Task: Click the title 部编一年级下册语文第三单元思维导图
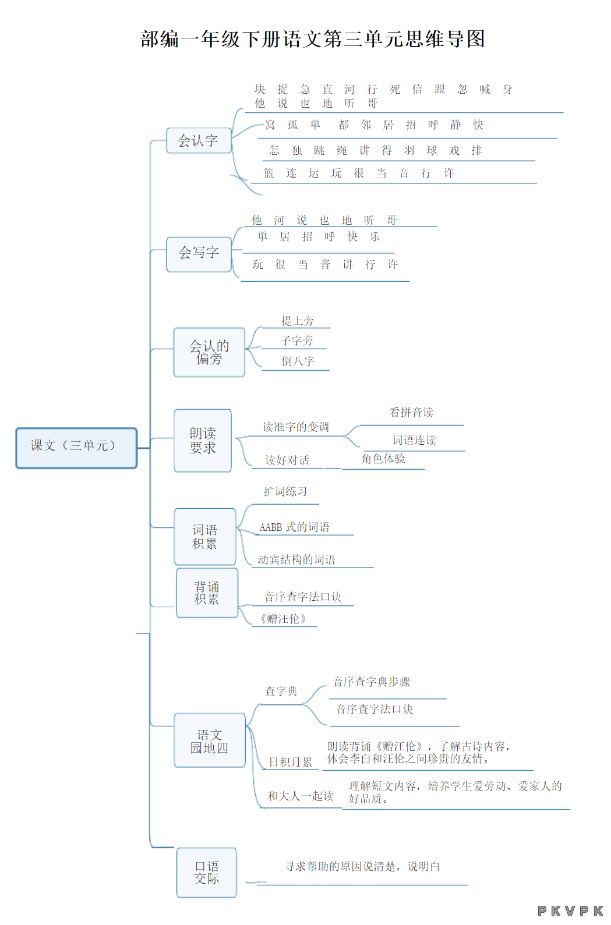click(312, 39)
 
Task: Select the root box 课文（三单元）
click(76, 448)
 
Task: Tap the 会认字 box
click(199, 140)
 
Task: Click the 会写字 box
click(199, 254)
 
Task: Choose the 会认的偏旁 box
click(209, 352)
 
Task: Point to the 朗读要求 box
click(203, 441)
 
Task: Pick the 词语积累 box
click(205, 537)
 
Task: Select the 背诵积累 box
click(207, 593)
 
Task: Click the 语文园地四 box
click(210, 740)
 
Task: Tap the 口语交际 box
click(207, 873)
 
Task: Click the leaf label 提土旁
click(298, 321)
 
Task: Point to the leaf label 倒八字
click(298, 361)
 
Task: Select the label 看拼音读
click(411, 412)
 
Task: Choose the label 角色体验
click(383, 459)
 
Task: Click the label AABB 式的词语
click(295, 527)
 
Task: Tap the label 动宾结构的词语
click(296, 559)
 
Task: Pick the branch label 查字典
click(281, 691)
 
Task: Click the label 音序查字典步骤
click(372, 682)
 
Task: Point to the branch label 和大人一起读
click(301, 796)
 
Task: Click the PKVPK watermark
click(570, 911)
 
